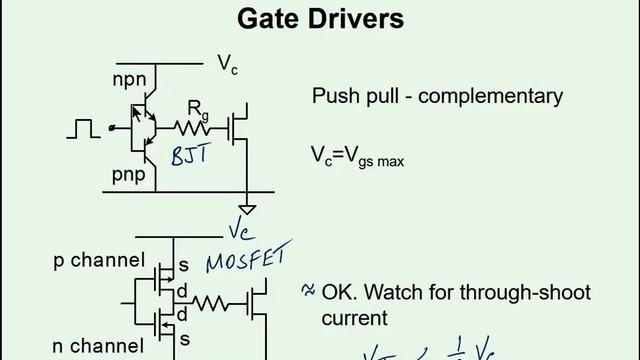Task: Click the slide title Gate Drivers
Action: pos(319,18)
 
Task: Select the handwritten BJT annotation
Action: pos(193,156)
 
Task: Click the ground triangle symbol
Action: pos(247,210)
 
